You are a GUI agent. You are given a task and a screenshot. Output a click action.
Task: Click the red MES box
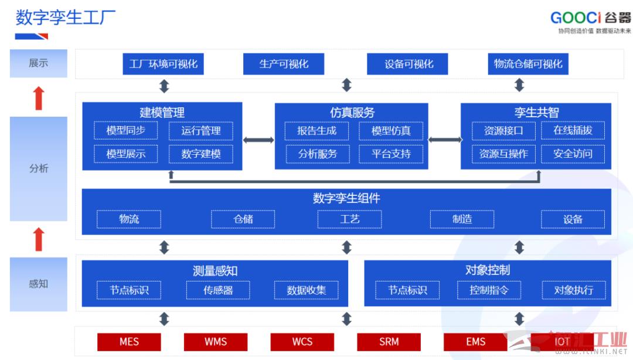129,342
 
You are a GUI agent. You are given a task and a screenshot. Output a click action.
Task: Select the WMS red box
216,342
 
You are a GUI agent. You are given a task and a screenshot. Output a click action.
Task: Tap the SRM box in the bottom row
389,342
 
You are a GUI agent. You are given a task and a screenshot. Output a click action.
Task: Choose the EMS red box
475,342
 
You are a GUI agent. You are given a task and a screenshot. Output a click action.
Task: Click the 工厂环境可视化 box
163,64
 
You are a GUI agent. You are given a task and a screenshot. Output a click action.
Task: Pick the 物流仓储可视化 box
528,64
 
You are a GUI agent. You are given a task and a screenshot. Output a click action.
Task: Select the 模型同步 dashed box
125,131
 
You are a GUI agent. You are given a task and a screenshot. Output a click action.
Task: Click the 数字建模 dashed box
201,154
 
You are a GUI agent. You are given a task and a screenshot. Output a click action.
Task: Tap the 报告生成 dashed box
317,131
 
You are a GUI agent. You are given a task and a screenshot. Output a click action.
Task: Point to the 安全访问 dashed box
573,154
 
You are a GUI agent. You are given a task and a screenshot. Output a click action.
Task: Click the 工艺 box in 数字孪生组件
349,219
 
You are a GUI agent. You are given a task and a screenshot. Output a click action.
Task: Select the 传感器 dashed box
218,290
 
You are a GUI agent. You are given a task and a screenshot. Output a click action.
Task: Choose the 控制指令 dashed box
489,290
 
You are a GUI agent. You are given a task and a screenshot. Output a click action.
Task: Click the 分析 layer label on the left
39,168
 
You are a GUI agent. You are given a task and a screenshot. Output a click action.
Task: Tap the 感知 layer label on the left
39,284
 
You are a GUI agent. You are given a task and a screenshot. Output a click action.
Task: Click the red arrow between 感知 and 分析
39,239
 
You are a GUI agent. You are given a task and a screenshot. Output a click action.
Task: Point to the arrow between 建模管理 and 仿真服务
258,140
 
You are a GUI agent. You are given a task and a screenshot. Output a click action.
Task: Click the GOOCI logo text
576,18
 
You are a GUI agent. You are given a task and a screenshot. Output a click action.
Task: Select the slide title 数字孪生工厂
66,18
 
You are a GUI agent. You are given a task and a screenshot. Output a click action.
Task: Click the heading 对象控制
488,270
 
